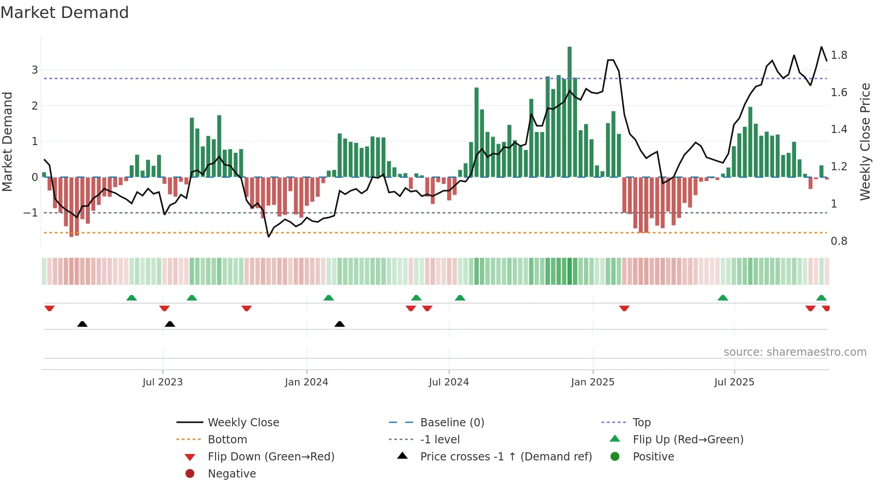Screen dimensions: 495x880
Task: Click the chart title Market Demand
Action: (65, 13)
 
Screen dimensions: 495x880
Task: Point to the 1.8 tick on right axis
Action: (839, 55)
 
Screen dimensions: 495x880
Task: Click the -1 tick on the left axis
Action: (31, 213)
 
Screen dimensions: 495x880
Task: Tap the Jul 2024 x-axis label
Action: (449, 382)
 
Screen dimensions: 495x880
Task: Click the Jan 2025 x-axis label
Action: (592, 382)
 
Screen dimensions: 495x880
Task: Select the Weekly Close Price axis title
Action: (865, 141)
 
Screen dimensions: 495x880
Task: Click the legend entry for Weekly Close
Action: (243, 423)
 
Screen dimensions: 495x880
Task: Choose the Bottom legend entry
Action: (227, 440)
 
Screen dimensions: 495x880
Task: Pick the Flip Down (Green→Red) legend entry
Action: (271, 457)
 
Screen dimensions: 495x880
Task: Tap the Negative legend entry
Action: (232, 474)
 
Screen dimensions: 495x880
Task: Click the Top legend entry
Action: (641, 423)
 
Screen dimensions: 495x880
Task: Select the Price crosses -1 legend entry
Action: (506, 457)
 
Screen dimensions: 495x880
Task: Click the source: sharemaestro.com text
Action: (795, 352)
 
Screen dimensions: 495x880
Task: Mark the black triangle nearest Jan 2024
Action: (339, 324)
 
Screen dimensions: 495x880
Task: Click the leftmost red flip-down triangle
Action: (49, 308)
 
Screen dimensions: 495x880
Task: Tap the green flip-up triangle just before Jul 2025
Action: (722, 298)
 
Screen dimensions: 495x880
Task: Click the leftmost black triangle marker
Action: (82, 324)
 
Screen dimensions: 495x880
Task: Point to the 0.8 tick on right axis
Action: (839, 241)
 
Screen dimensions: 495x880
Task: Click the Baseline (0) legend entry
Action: (452, 423)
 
